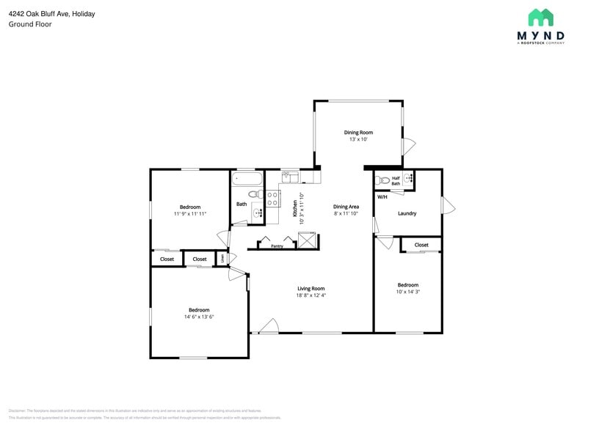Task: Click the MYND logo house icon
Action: tap(541, 18)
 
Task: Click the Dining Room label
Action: tap(358, 133)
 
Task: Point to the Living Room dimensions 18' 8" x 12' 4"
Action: tap(311, 295)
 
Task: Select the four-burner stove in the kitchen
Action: tap(272, 197)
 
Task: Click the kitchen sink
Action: tap(290, 176)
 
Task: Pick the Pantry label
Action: tap(277, 246)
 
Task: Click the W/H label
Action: tap(382, 197)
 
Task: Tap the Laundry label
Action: tap(407, 213)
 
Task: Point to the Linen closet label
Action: tap(223, 258)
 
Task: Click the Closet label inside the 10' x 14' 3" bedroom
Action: tap(421, 245)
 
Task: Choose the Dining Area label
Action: tap(346, 207)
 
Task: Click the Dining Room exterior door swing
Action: tap(409, 147)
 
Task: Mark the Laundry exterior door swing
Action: tap(447, 207)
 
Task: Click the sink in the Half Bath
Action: tap(408, 178)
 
